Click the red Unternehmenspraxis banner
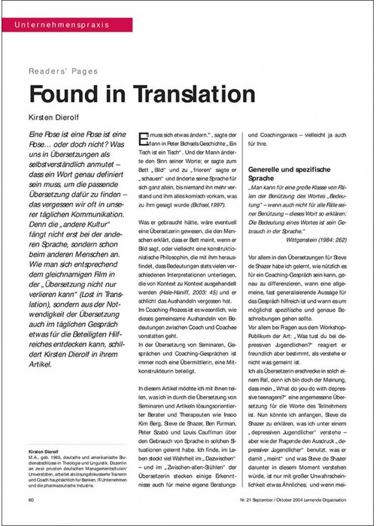click(64, 25)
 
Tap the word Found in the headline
click(62, 95)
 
